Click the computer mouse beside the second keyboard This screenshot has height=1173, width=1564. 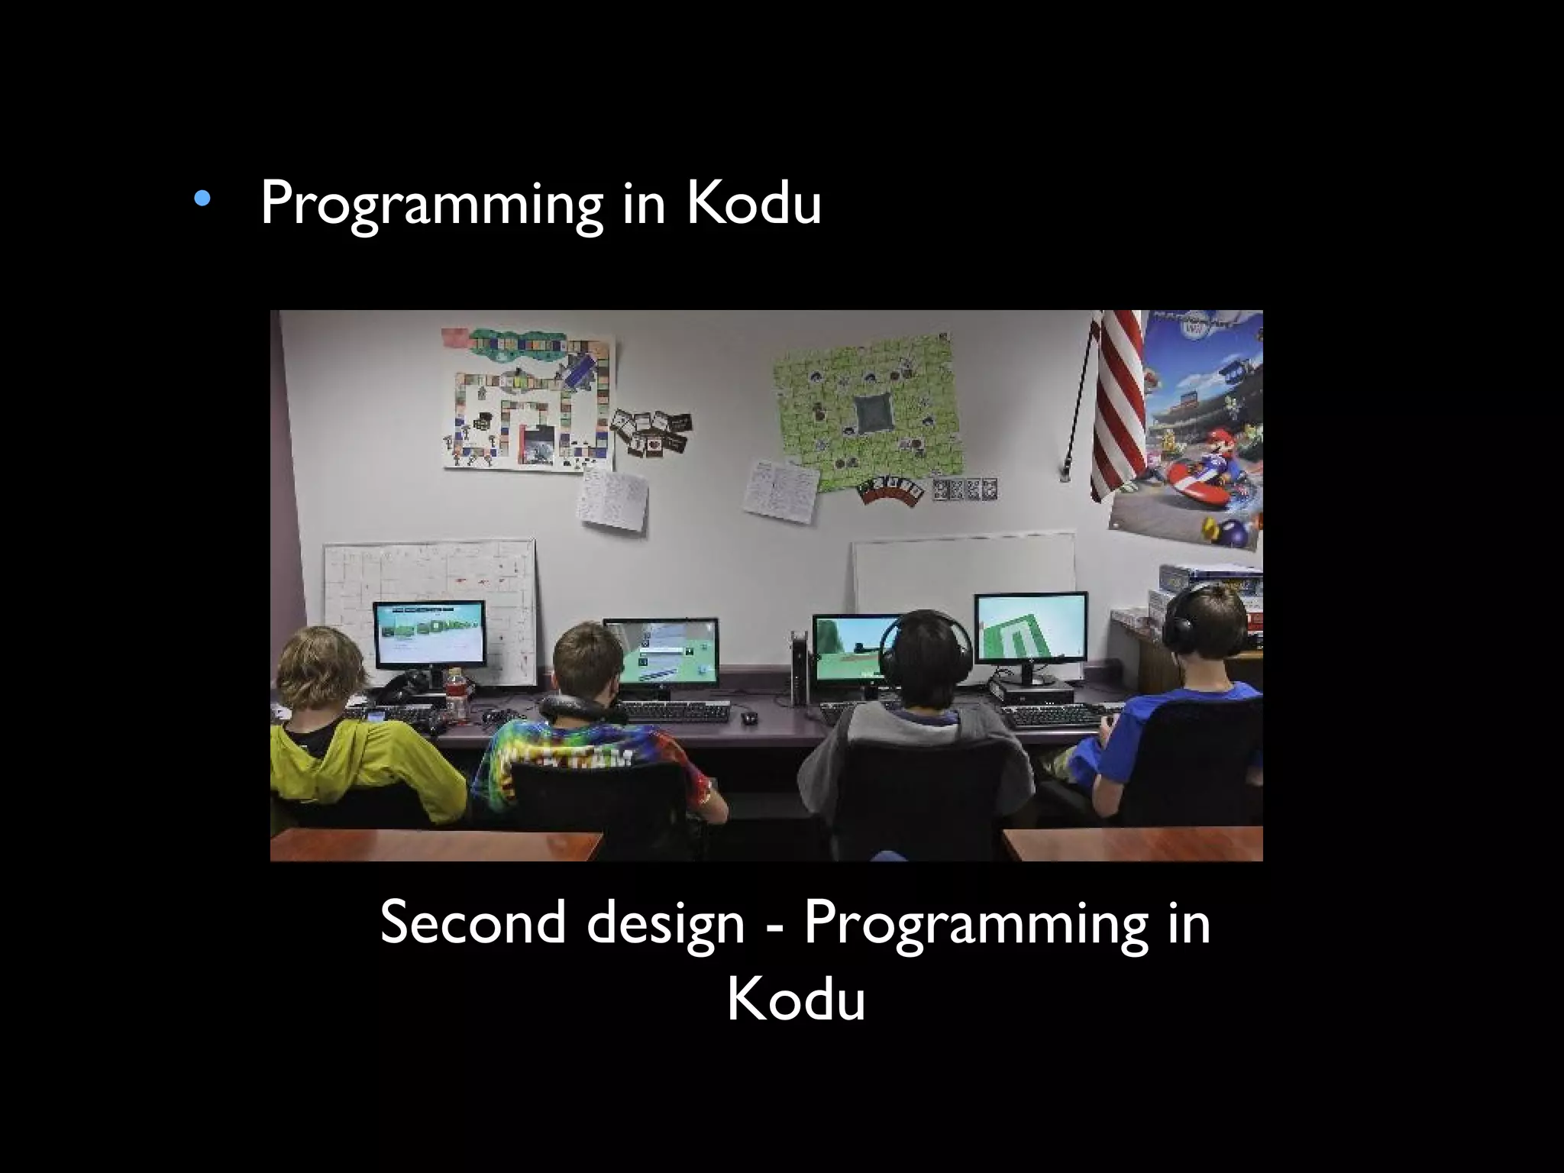pyautogui.click(x=749, y=718)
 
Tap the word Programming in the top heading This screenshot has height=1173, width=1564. pyautogui.click(x=431, y=204)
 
